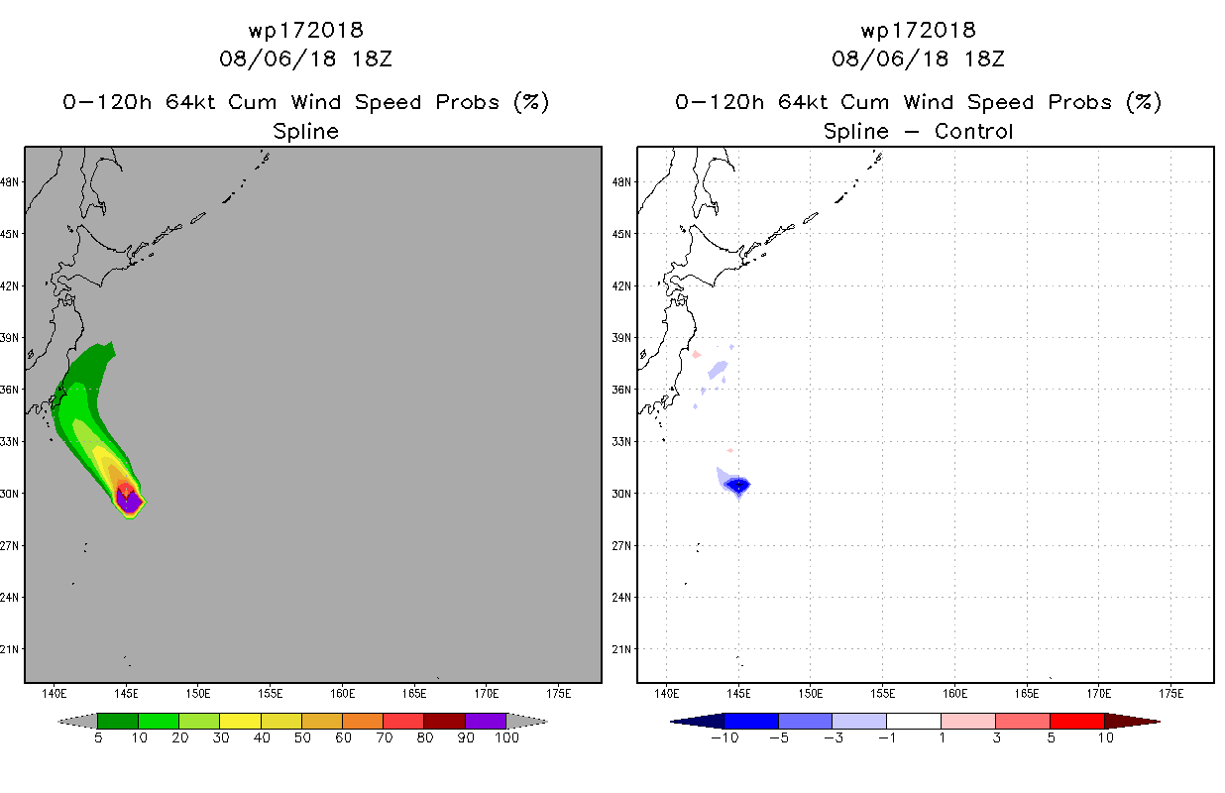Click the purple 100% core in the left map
[129, 502]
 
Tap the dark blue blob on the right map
[738, 485]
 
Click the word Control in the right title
[973, 131]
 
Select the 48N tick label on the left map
[9, 181]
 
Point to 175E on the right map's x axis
[1170, 694]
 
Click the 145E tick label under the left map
[126, 694]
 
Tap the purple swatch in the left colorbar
[486, 721]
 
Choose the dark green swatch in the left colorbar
[118, 721]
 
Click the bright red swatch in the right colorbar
[1076, 721]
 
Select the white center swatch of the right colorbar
[913, 721]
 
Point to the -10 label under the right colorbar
[724, 737]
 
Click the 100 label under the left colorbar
[506, 737]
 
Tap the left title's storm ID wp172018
[305, 30]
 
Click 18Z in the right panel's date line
[983, 58]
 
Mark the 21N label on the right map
[621, 649]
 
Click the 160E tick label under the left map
[342, 694]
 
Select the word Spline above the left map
[305, 132]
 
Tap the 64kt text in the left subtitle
[190, 102]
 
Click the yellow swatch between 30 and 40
[240, 721]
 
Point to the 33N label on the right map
[621, 441]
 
